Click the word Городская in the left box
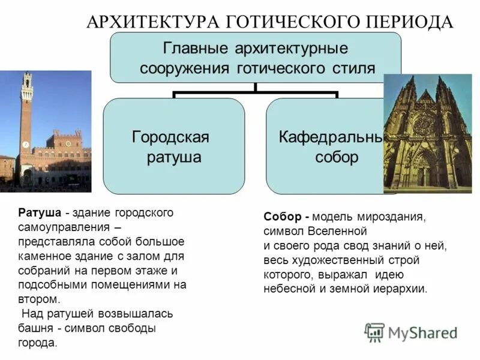[x=170, y=137]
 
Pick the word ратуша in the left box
[x=174, y=158]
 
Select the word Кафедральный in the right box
[x=330, y=137]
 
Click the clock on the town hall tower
[x=25, y=145]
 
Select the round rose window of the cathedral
[x=425, y=124]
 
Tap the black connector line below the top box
[x=256, y=92]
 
